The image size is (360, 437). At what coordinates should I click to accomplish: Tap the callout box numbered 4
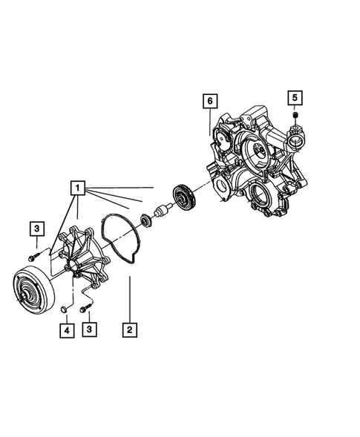65,329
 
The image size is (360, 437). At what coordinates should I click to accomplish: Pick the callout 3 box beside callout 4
89,329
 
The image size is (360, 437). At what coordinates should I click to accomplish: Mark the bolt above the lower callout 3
88,303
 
